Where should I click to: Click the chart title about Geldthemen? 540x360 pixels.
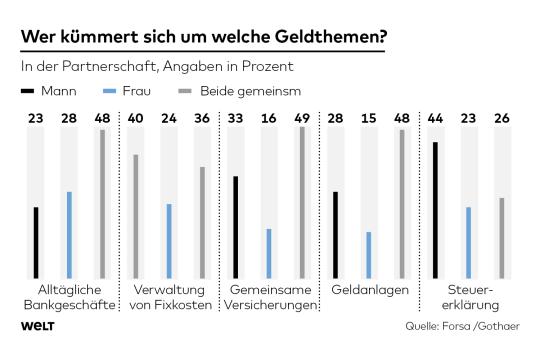[x=204, y=37]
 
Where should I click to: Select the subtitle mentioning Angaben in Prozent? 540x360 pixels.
[x=157, y=66]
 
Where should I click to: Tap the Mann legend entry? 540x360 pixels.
[x=49, y=91]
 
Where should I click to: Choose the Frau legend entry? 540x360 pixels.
[x=127, y=91]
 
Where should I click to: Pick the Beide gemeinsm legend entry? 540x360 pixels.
[x=240, y=91]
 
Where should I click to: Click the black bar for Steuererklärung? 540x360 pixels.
[x=435, y=210]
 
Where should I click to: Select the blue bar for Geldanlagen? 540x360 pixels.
[x=368, y=255]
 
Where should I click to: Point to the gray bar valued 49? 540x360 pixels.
[x=302, y=203]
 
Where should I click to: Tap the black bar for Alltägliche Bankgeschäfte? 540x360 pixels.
[x=36, y=243]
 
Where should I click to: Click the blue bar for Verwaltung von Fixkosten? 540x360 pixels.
[x=169, y=241]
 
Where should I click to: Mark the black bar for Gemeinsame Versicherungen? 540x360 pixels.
[x=236, y=227]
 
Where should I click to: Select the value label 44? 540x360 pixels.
[x=435, y=119]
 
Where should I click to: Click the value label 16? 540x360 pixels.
[x=269, y=119]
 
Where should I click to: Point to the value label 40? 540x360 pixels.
[x=135, y=119]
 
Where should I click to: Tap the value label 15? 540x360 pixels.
[x=368, y=119]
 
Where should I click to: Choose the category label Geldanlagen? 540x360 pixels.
[x=370, y=290]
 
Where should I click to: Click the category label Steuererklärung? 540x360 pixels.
[x=470, y=297]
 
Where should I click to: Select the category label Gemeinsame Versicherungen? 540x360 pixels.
[x=270, y=297]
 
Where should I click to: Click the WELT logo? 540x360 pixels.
[x=38, y=326]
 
